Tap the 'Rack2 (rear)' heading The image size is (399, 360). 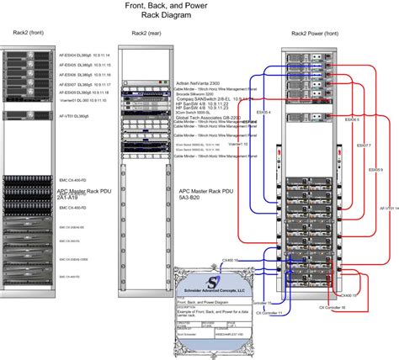146,34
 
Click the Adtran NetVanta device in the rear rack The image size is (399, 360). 146,85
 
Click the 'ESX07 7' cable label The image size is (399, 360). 364,145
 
